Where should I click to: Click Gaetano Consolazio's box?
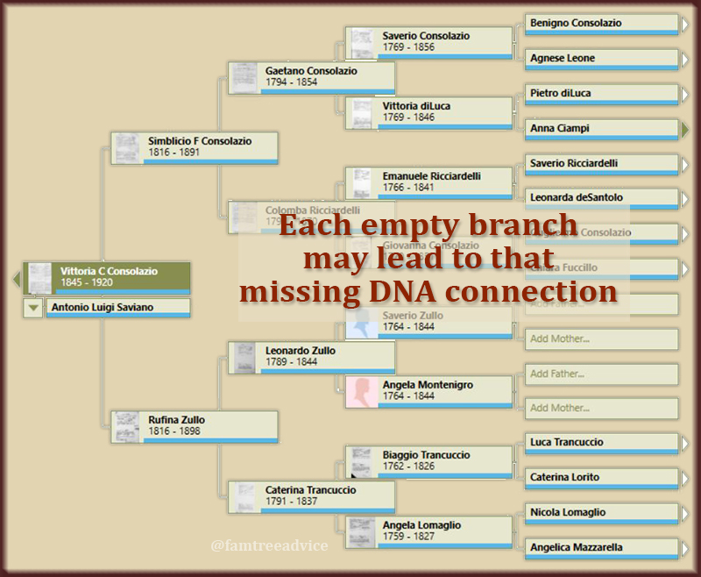(x=311, y=76)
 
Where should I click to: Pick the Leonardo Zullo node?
(x=311, y=356)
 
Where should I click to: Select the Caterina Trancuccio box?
(x=311, y=495)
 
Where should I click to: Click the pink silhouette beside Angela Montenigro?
(x=362, y=391)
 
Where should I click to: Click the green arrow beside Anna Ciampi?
(x=685, y=129)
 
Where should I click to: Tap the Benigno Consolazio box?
(x=602, y=24)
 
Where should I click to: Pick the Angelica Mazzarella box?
(x=602, y=548)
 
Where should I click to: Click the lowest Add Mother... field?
(x=602, y=408)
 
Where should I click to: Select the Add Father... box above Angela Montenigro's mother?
(x=602, y=374)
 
